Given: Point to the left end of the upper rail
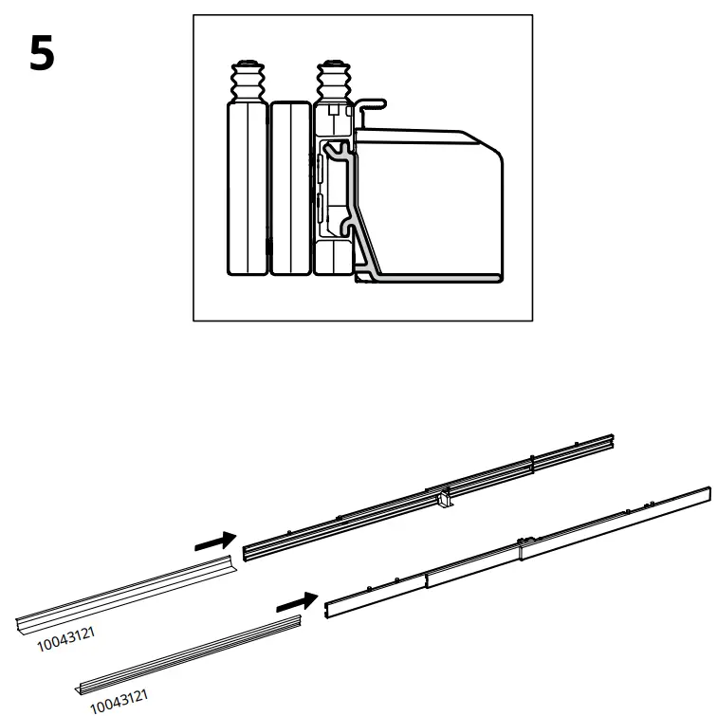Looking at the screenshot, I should click(248, 551).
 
